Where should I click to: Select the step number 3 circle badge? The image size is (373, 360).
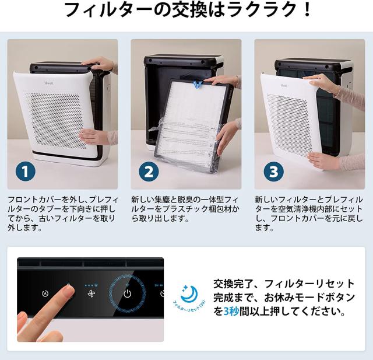272,171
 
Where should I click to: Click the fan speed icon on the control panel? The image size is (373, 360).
90,293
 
